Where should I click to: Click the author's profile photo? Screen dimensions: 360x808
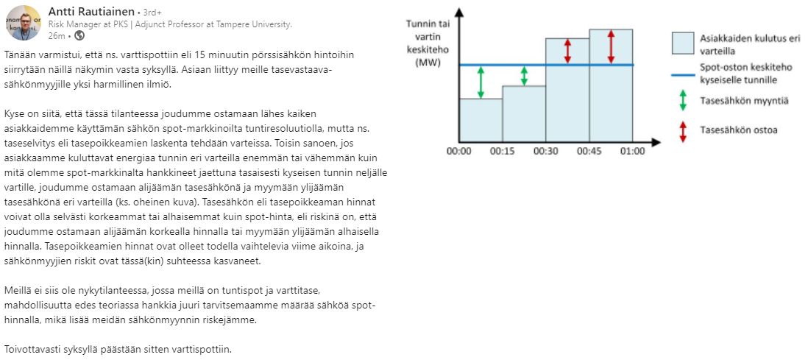(x=23, y=22)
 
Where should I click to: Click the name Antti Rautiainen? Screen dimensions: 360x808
(x=91, y=12)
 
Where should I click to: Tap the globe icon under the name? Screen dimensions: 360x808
(x=79, y=35)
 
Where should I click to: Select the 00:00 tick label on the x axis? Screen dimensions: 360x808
(x=459, y=150)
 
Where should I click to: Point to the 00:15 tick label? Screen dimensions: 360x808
(x=502, y=150)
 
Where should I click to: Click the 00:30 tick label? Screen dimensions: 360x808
(x=545, y=150)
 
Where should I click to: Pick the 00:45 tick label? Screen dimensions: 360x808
(x=589, y=150)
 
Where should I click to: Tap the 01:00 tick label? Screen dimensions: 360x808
(x=632, y=150)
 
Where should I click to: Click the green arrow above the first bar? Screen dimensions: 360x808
(x=481, y=82)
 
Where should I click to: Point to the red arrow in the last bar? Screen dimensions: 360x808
(x=611, y=47)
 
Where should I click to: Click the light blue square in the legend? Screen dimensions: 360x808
(x=684, y=43)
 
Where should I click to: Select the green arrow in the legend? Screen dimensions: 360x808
(x=684, y=101)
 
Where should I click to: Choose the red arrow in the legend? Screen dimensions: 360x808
(x=684, y=130)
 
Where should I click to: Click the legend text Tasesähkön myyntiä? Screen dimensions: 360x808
(x=743, y=101)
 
